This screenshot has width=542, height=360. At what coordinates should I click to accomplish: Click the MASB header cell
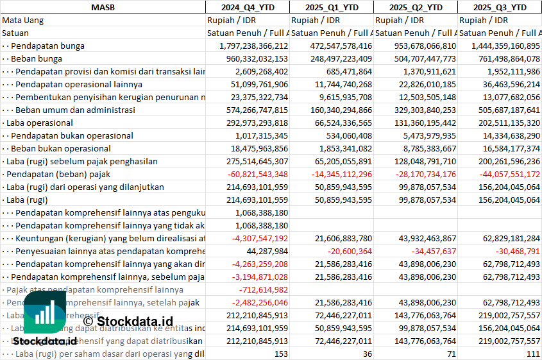coord(103,7)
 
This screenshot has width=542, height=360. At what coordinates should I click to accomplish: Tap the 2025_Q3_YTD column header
coord(500,7)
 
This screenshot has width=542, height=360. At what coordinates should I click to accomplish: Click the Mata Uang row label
coord(23,20)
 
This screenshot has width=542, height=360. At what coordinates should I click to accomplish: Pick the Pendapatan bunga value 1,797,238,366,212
coord(253,46)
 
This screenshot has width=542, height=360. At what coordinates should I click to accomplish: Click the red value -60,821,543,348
coord(254,174)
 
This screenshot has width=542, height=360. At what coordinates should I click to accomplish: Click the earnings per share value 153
coord(280,354)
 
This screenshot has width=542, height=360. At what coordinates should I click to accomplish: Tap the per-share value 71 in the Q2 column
coord(451,354)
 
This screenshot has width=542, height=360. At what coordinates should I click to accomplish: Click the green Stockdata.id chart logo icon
coord(46,314)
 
